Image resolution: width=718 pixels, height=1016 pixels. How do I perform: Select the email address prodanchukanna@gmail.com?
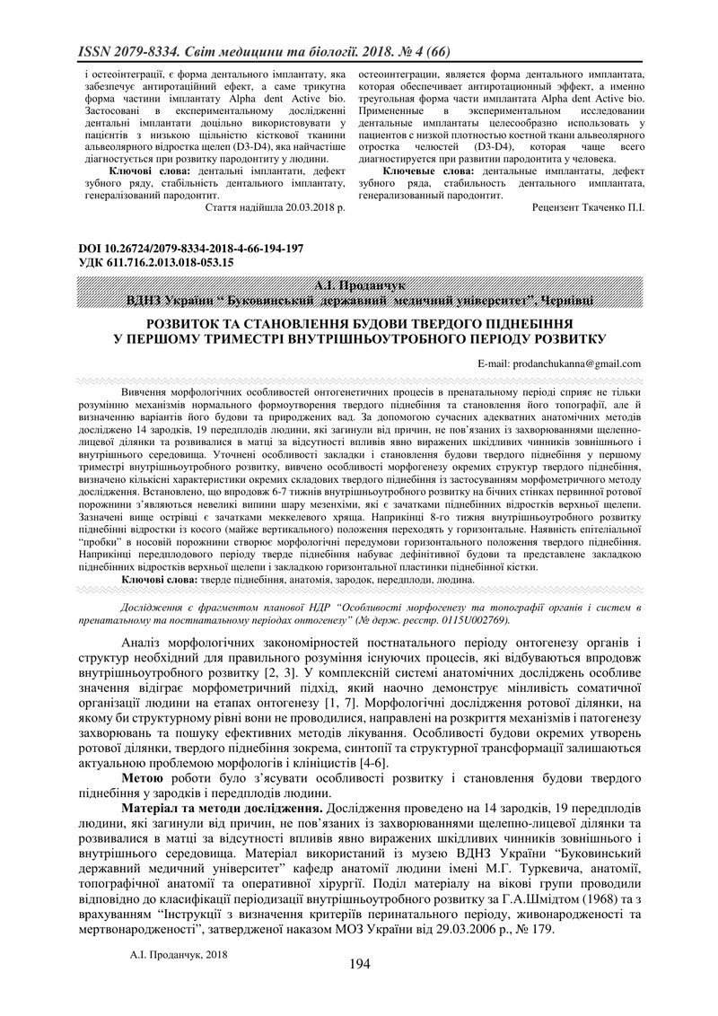[x=575, y=363]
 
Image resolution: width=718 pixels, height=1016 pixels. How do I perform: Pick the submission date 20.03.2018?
[x=296, y=206]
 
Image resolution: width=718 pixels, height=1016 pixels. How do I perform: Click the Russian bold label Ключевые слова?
[x=428, y=170]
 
